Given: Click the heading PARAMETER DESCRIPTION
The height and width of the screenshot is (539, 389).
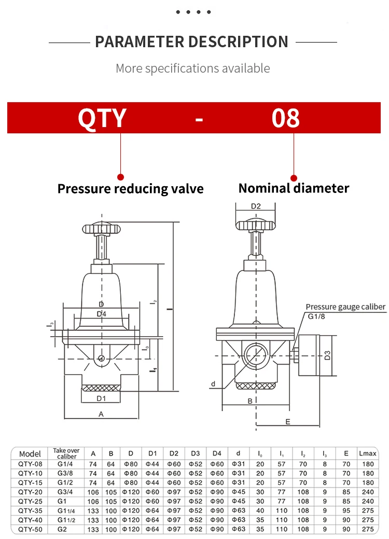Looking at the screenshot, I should (192, 42).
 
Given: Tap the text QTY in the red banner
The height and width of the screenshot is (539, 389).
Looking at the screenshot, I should (102, 118).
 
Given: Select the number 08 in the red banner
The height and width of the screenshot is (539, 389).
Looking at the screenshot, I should (286, 118).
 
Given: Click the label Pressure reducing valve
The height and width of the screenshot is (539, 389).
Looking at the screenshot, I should (130, 188).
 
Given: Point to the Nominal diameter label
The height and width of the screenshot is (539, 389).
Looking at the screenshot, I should (294, 188).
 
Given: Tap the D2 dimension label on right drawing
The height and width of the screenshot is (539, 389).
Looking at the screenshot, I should (256, 206).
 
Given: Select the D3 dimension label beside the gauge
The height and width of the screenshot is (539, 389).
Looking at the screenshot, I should (327, 355).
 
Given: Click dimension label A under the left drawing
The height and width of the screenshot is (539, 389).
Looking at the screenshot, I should (101, 414).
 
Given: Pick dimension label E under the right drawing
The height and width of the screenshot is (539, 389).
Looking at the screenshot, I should (288, 422).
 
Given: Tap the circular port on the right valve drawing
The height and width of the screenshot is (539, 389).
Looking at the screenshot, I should (255, 356).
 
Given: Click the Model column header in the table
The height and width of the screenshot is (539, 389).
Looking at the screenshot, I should (30, 454).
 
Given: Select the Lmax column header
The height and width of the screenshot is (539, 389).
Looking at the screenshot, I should (368, 454).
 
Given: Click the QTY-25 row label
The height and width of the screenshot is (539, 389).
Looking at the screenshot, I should (30, 501).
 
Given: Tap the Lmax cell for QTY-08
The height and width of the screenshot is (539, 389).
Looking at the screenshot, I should (368, 464).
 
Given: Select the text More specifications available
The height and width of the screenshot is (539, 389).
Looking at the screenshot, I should (192, 68).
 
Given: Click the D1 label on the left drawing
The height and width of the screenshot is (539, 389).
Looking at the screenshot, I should (101, 398).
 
